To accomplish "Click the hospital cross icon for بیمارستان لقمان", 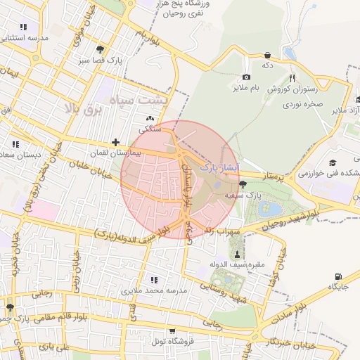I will coord(116,142).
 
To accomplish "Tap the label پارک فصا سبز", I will coord(120,61).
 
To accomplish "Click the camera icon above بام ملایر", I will coord(246,77).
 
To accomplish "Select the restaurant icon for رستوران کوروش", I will coord(291,79).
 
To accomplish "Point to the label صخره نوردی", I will coord(302,103).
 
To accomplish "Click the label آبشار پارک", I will coord(219,168).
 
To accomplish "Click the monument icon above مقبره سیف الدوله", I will coord(236,254).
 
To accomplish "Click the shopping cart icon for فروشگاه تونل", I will coord(173,331).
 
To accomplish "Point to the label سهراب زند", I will coord(222,230).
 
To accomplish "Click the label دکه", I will coord(267,65).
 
